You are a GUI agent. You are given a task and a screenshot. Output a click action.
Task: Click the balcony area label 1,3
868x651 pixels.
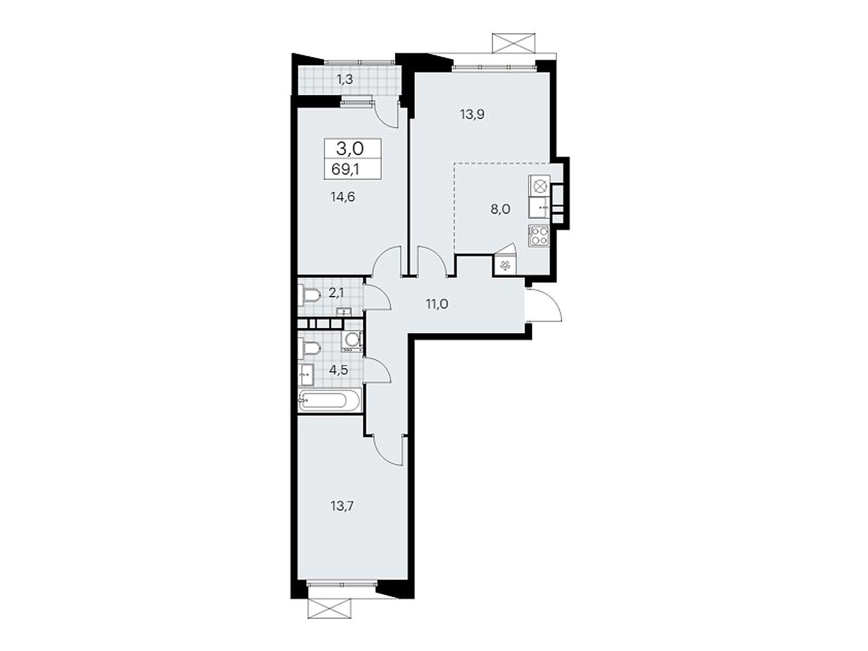[x=345, y=80]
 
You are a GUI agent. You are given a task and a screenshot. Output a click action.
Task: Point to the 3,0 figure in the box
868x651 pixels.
[x=349, y=149]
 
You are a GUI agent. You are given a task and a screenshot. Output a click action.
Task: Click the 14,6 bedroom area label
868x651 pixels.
[x=342, y=196]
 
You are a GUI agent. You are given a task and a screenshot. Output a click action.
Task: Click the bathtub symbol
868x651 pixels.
[x=329, y=400]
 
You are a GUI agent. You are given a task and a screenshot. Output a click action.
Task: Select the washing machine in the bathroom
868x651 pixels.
[x=351, y=341]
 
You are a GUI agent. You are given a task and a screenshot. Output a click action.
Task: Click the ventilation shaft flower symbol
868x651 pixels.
[x=504, y=266]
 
